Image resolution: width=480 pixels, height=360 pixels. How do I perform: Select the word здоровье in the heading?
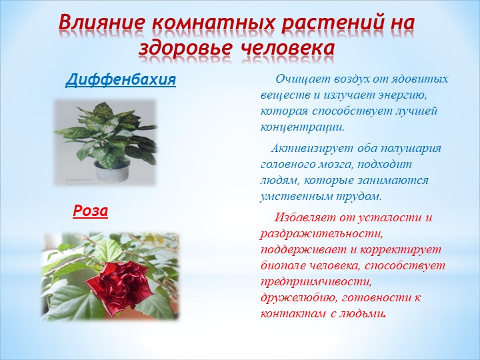point(184,49)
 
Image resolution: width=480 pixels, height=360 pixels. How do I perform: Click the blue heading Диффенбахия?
point(121,80)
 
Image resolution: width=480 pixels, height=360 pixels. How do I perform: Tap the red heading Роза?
point(90,211)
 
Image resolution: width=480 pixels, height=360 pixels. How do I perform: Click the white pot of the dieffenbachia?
point(111,172)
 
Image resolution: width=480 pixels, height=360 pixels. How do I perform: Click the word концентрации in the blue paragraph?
point(303,127)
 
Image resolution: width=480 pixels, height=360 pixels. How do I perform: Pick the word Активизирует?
point(313,148)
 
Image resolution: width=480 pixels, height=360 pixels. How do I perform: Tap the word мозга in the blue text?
point(335,165)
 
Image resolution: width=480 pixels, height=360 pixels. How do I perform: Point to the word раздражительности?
point(322,234)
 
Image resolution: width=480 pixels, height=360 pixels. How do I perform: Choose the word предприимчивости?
point(316,282)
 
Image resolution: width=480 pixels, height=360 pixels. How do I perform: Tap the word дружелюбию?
point(297,298)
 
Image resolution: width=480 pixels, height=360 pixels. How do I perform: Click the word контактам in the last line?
point(293,314)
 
